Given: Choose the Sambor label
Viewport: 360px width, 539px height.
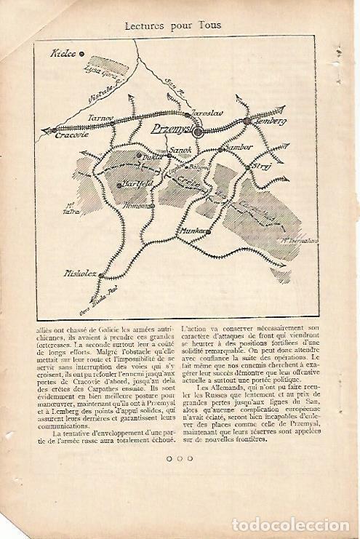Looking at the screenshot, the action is [x=239, y=148].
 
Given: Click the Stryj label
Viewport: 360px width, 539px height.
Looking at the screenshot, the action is [x=263, y=167].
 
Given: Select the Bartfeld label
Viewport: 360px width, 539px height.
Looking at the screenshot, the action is [x=137, y=185].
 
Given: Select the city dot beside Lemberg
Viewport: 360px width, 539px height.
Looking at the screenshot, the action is [x=247, y=121].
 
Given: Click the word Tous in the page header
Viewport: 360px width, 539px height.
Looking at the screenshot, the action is [x=208, y=25].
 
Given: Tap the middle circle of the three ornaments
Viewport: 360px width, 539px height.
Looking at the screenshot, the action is [x=180, y=458].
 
